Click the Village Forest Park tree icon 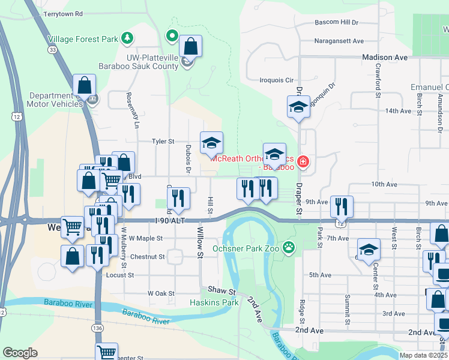127,39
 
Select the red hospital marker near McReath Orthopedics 303,161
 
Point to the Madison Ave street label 385,57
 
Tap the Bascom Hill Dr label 336,22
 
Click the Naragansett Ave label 340,41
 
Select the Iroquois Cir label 276,80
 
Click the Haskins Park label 214,302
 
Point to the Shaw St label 220,289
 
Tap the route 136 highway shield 98,328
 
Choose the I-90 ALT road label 170,221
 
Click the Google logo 20,353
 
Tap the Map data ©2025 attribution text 423,355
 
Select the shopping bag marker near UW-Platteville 190,46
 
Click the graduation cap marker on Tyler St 211,143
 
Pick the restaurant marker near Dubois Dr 178,198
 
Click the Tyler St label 163,142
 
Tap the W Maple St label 146,238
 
